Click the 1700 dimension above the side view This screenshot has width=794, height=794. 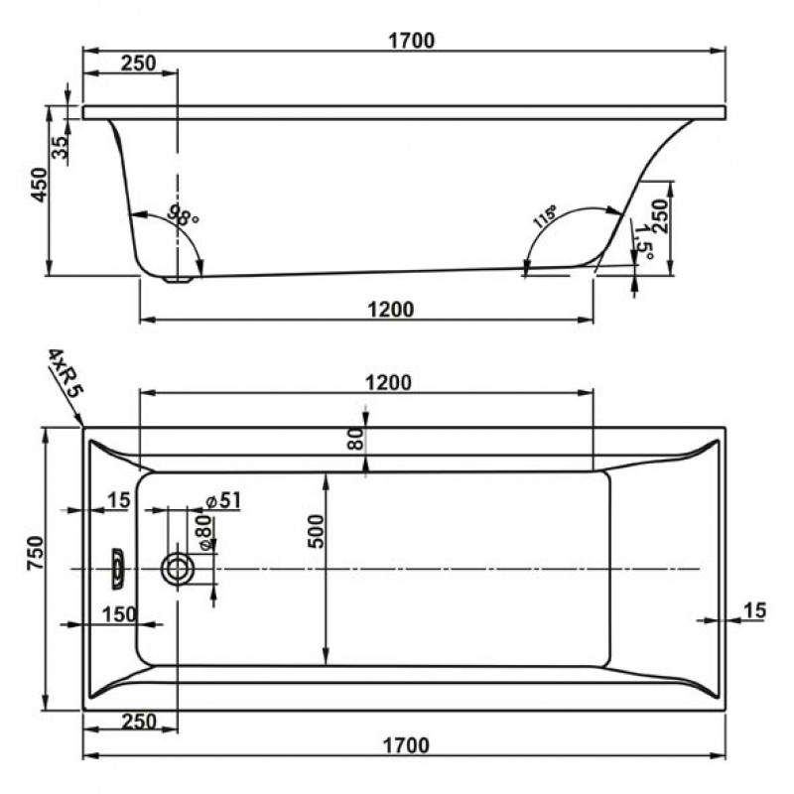click(411, 41)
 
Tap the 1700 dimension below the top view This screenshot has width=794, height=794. click(406, 745)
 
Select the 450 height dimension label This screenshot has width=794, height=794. click(39, 185)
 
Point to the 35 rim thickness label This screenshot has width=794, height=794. click(61, 147)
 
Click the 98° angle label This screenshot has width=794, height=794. click(183, 214)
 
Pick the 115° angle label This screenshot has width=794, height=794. click(544, 216)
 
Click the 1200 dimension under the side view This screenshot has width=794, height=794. click(390, 310)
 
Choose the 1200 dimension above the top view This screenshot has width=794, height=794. click(388, 382)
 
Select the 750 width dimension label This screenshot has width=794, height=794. click(36, 553)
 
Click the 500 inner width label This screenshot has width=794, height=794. click(315, 531)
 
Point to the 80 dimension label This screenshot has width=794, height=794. click(356, 439)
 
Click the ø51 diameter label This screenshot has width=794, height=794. click(224, 501)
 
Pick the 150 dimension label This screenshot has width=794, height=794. click(119, 614)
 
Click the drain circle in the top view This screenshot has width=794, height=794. click(177, 569)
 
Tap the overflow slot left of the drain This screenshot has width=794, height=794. click(117, 568)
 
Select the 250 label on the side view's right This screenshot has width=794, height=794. click(660, 215)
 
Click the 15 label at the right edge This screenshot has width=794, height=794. click(754, 610)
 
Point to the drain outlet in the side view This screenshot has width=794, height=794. click(178, 279)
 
